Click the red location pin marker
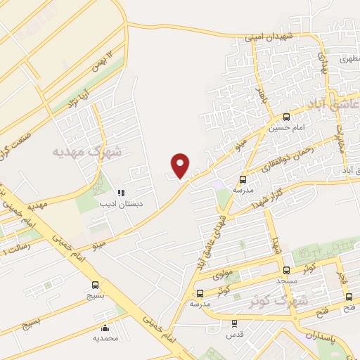click(x=181, y=165)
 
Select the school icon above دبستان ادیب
click(x=121, y=192)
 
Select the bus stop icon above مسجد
click(x=286, y=270)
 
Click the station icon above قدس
click(x=234, y=324)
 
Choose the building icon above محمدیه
click(x=105, y=328)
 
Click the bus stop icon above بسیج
click(x=95, y=285)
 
